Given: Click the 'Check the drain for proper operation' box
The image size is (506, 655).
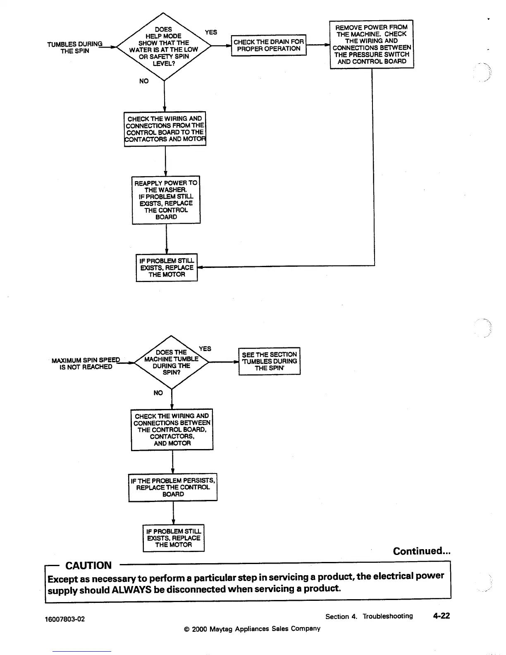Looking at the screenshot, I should coord(269,45).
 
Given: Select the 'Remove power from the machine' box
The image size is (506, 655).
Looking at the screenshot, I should coord(372,44).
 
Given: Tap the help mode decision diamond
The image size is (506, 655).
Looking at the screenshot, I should coord(164,46).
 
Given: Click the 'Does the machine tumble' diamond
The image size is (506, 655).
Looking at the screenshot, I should coord(171,362).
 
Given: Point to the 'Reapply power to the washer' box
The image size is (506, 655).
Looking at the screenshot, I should coord(166,200).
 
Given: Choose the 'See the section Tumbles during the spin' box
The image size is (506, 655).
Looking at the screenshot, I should coord(270,361).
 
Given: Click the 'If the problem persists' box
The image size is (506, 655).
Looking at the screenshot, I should coord(173,487).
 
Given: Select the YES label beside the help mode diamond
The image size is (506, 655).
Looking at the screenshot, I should coord(211,32).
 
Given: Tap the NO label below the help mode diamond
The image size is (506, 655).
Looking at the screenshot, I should coord(144,81).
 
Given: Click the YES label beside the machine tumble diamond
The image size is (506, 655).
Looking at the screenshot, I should coord(205,349).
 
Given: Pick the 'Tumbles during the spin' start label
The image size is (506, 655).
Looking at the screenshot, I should coord(75,48).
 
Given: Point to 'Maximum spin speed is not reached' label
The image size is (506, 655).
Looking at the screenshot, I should coord(86,363).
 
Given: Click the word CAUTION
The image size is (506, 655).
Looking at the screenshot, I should coord(88,566).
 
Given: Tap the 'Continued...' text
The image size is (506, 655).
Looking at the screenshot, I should coord(422,551).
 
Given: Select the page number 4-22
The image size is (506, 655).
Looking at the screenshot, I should coord(441,616).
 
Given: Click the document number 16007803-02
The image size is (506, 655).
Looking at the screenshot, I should coord(65,619).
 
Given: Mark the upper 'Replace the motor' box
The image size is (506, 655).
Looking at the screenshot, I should coord(167,268).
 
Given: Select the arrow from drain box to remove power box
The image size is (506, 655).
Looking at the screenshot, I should coord(318,45).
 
